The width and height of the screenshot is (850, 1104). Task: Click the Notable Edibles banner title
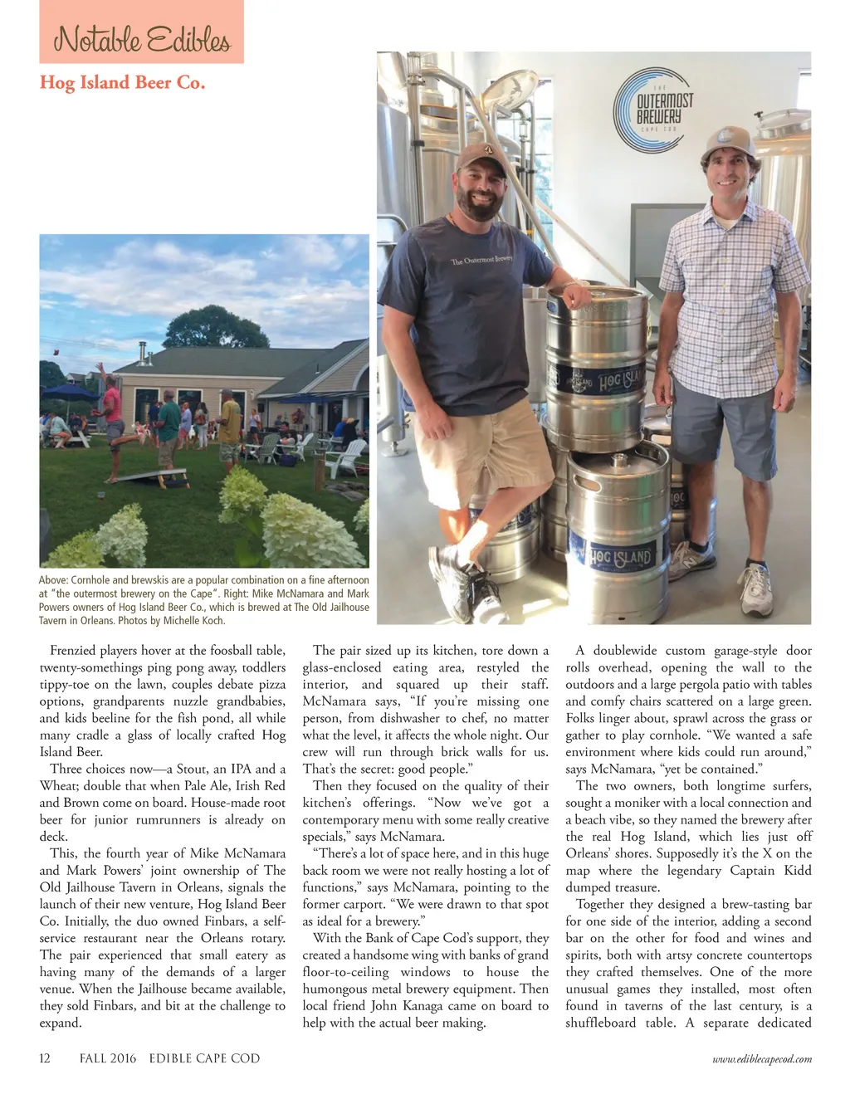click(x=141, y=39)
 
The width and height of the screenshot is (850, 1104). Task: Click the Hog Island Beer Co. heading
click(x=122, y=82)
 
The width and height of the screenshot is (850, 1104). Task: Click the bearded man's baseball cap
click(x=481, y=155)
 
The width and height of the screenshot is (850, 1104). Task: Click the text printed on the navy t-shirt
click(x=481, y=261)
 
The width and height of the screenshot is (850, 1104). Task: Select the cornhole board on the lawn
click(x=136, y=476)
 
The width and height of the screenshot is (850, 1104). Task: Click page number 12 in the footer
click(x=45, y=1058)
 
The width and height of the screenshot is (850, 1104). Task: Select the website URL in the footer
click(x=761, y=1058)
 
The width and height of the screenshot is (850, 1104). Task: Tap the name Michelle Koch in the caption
click(x=194, y=620)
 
